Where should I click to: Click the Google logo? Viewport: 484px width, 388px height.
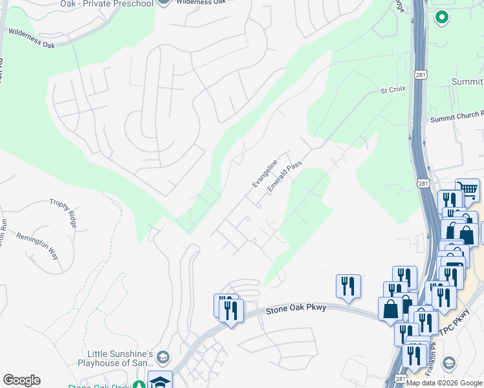(21, 380)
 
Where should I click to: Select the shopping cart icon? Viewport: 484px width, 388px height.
(467, 189)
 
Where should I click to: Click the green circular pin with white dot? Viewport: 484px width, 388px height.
(442, 17)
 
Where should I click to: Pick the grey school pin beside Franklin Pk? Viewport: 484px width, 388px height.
(448, 365)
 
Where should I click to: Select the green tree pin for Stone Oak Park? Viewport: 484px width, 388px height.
(138, 385)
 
